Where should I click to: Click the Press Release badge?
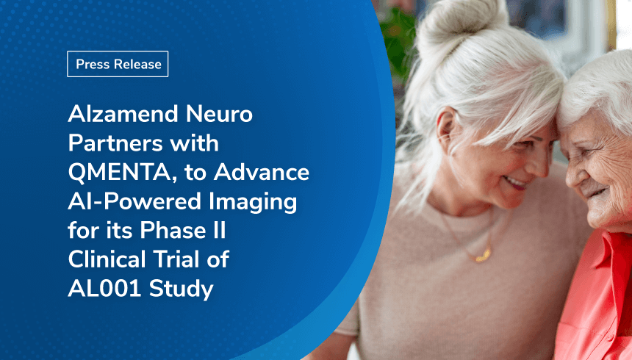click(118, 64)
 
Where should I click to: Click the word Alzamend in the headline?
click(123, 114)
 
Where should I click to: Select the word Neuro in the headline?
click(219, 115)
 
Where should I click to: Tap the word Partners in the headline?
click(115, 143)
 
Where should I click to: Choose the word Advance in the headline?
click(262, 172)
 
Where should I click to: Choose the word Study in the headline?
click(181, 289)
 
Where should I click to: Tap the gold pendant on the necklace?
click(483, 255)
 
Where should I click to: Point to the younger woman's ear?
click(448, 128)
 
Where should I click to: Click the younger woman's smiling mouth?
click(514, 184)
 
